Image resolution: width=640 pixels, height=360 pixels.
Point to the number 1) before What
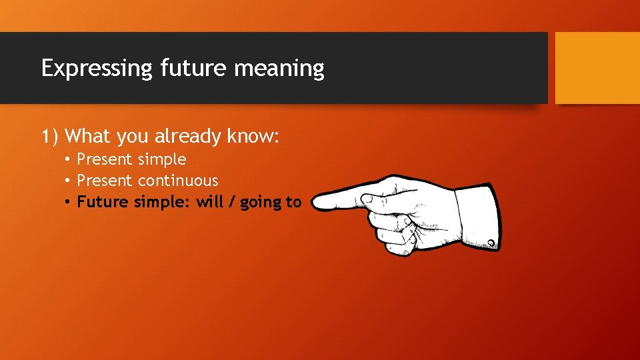[51, 137]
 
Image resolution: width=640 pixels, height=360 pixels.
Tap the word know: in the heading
[253, 136]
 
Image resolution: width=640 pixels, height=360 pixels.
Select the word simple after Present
[162, 160]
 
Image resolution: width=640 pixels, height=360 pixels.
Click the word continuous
[178, 181]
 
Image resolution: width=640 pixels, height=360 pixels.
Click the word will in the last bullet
[210, 202]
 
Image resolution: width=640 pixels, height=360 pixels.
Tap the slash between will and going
[232, 202]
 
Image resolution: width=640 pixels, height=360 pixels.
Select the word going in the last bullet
[261, 203]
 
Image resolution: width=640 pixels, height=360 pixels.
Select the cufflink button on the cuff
[491, 243]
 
